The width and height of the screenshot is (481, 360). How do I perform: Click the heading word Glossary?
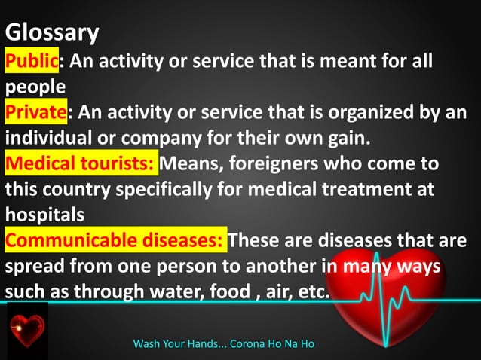[x=52, y=33]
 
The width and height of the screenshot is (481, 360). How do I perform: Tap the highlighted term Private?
[x=36, y=113]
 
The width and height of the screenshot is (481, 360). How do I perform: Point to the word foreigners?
[x=265, y=163]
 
